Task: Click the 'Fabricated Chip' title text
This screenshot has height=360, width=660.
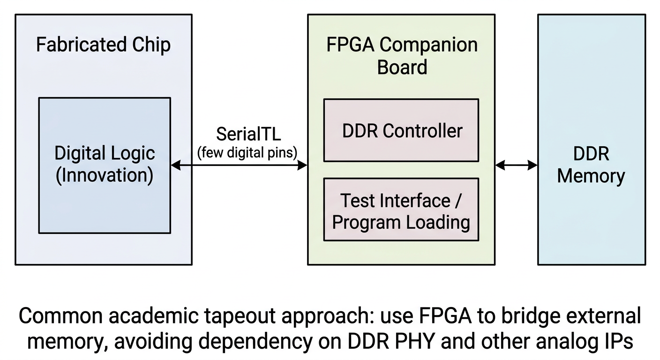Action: click(x=103, y=45)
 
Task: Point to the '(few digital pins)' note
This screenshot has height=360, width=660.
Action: click(x=247, y=152)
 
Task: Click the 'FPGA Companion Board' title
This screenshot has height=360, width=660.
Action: click(x=402, y=56)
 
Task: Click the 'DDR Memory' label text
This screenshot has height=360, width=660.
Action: click(x=591, y=165)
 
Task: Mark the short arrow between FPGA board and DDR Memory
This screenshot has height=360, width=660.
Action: click(x=516, y=165)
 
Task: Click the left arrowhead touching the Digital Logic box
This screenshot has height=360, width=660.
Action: click(x=175, y=165)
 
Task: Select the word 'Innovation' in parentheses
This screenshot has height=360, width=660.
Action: click(x=105, y=176)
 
